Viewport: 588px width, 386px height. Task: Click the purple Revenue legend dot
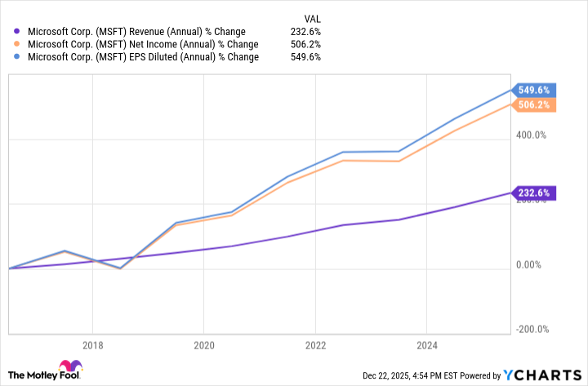pos(17,32)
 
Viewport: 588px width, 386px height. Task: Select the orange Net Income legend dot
pos(17,44)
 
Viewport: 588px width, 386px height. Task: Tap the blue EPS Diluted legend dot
pos(17,57)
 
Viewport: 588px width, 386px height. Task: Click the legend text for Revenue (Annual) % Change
pos(136,32)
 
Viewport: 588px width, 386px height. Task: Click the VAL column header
pos(311,18)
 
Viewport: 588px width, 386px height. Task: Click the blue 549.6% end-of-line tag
pos(534,91)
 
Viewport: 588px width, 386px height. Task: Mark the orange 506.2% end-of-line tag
pos(534,104)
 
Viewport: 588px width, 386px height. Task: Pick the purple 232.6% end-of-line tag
pos(534,193)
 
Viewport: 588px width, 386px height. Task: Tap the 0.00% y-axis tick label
pos(532,264)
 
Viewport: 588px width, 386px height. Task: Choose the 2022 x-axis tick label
pos(314,344)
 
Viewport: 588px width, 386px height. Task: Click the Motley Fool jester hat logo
pos(70,366)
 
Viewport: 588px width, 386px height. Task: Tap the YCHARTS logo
pos(541,375)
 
